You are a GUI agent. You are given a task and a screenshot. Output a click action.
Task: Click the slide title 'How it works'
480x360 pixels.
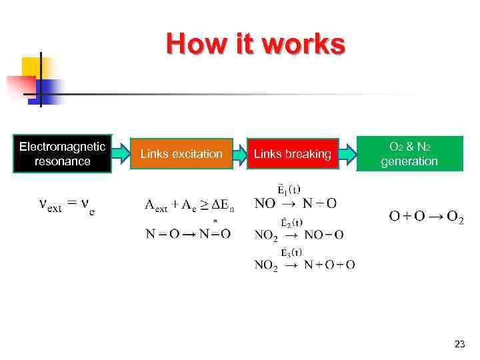click(256, 45)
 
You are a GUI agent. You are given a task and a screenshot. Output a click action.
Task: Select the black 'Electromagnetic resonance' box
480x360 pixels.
click(62, 154)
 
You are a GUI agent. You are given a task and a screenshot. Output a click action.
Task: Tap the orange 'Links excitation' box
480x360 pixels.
click(181, 154)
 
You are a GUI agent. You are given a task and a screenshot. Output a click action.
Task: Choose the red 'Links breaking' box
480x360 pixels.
click(292, 154)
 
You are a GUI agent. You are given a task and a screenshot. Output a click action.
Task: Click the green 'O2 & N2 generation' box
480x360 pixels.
click(409, 154)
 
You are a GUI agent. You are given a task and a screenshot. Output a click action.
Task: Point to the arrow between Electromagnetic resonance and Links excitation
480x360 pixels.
click(121, 154)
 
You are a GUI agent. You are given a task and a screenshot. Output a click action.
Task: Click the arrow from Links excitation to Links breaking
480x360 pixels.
click(240, 154)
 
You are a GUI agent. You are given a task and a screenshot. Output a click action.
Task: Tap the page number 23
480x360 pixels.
click(459, 344)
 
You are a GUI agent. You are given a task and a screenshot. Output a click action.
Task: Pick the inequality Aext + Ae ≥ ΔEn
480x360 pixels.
click(190, 204)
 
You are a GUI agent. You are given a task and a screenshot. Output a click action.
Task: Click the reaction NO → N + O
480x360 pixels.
click(295, 203)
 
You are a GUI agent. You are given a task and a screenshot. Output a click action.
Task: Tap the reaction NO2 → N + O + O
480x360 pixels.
click(305, 265)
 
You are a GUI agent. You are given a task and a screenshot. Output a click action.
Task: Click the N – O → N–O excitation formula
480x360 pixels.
click(188, 233)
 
